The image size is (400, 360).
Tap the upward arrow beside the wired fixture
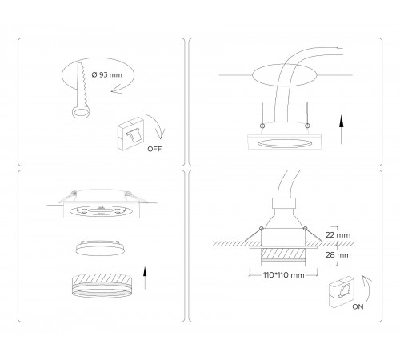[x=342, y=128]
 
